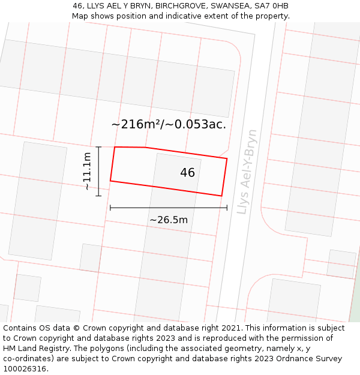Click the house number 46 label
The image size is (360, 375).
(187, 173)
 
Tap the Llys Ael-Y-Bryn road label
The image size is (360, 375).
(247, 172)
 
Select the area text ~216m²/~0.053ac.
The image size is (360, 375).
(169, 124)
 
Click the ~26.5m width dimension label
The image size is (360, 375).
(169, 220)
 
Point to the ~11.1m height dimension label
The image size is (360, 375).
(87, 171)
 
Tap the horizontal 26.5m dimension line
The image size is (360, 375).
(169, 208)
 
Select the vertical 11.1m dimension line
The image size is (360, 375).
(98, 172)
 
